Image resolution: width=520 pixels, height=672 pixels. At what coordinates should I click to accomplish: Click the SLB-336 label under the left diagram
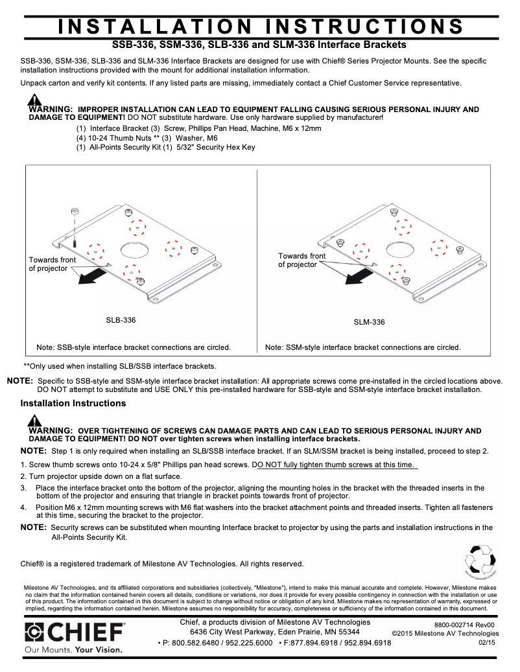tap(121, 320)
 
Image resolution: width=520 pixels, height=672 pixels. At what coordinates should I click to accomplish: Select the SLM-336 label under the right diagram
tap(369, 322)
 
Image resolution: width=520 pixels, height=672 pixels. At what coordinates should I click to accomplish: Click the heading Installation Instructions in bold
tap(73, 404)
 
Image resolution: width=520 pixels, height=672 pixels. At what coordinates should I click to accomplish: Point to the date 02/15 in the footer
tap(486, 642)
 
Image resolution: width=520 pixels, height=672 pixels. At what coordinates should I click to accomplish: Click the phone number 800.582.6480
tap(189, 643)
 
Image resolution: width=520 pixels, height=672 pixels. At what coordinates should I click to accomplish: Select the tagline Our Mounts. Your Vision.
tap(73, 649)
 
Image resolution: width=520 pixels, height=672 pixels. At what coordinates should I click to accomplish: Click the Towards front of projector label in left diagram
tap(52, 264)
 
